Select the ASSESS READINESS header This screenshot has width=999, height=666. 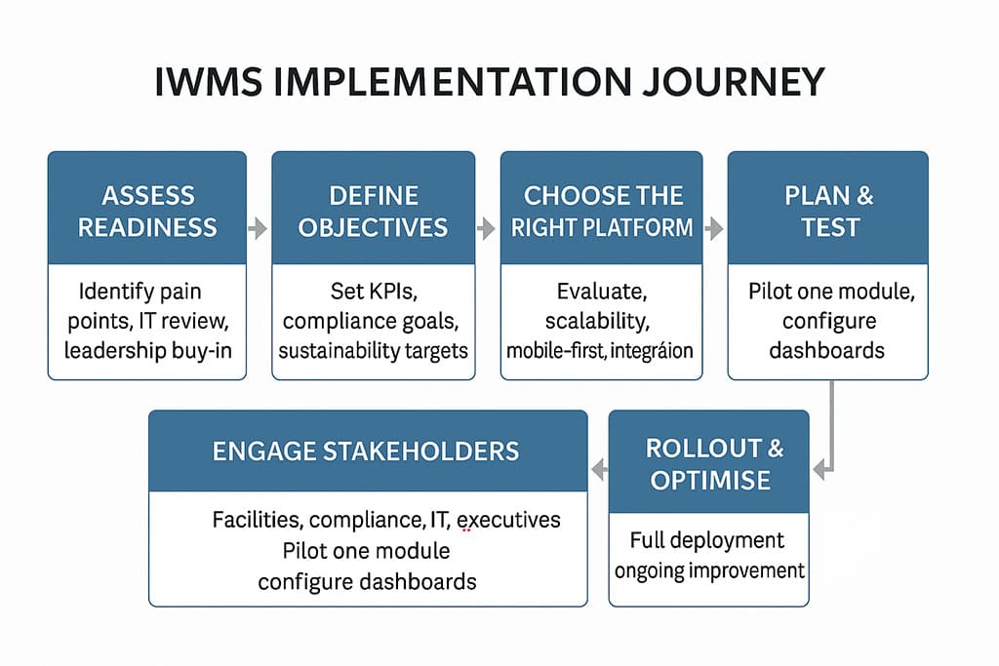tap(146, 211)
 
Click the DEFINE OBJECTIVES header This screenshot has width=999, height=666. tap(373, 211)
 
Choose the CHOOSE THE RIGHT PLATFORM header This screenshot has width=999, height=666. tap(602, 211)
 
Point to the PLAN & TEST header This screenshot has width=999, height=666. tap(828, 211)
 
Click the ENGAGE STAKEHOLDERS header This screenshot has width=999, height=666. tap(366, 451)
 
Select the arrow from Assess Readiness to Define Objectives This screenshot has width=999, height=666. tap(259, 230)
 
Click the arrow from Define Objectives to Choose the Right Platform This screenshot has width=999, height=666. tap(486, 230)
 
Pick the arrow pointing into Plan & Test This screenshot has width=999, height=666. tap(714, 230)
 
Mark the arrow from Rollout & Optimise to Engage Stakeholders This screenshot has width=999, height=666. tap(598, 471)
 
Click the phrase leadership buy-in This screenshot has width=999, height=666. tap(147, 349)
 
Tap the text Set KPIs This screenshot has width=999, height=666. tap(373, 291)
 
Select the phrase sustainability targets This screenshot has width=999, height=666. tap(373, 349)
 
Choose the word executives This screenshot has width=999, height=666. tap(508, 520)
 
